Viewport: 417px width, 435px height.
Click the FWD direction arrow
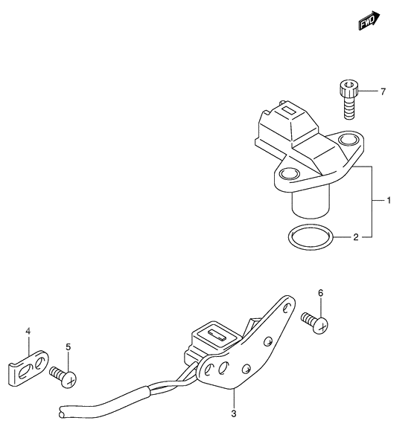pyautogui.click(x=369, y=21)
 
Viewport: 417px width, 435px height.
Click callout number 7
pyautogui.click(x=383, y=91)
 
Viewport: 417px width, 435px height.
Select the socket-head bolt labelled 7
pyautogui.click(x=348, y=100)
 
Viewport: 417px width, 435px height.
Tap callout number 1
pyautogui.click(x=389, y=200)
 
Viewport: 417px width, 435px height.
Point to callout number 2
pyautogui.click(x=356, y=237)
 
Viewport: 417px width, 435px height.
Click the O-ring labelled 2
pyautogui.click(x=310, y=237)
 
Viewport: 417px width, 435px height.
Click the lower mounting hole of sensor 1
pyautogui.click(x=290, y=174)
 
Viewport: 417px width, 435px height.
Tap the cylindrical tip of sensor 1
pyautogui.click(x=311, y=203)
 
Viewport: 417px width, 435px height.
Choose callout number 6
pyautogui.click(x=321, y=293)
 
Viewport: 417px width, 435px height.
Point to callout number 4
pyautogui.click(x=28, y=331)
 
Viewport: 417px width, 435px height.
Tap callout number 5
pyautogui.click(x=69, y=347)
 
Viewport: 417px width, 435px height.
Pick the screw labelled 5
pyautogui.click(x=63, y=377)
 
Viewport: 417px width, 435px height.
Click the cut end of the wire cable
pyautogui.click(x=61, y=412)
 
